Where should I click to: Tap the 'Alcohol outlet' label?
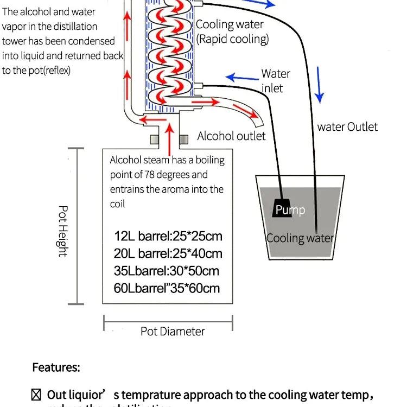tap(231, 136)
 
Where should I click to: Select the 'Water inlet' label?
tap(276, 80)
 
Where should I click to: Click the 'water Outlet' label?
tap(347, 127)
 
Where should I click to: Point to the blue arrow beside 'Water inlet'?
tap(242, 78)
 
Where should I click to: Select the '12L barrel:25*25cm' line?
tap(168, 237)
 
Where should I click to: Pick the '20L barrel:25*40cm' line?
tap(168, 253)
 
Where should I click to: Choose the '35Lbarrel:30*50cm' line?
tap(167, 271)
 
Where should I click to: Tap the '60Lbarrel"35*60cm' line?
tap(167, 288)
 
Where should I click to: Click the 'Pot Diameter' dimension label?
tap(173, 331)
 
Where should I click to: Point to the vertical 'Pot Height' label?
tap(63, 231)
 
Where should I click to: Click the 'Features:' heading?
tap(56, 367)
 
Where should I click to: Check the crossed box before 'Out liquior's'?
tap(36, 395)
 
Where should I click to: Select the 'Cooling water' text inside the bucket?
tap(300, 238)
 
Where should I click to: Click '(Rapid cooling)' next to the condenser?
tap(232, 39)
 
